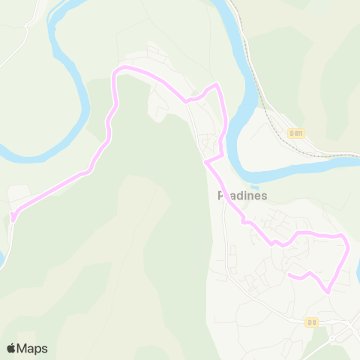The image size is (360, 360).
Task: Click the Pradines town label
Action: coord(242,196)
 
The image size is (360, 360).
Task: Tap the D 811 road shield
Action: coord(296,133)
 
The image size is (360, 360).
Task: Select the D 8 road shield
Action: coord(312,322)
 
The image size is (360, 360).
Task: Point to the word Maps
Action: coord(32,348)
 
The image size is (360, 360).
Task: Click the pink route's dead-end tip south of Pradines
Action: coord(289,275)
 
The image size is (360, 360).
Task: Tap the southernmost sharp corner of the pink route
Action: coord(327,291)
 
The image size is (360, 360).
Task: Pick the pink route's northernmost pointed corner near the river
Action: coord(217,84)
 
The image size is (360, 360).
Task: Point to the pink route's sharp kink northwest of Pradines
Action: coord(205,160)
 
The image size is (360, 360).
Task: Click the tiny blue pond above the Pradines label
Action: coord(255,187)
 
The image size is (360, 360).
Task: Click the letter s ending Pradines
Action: coord(264,196)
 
